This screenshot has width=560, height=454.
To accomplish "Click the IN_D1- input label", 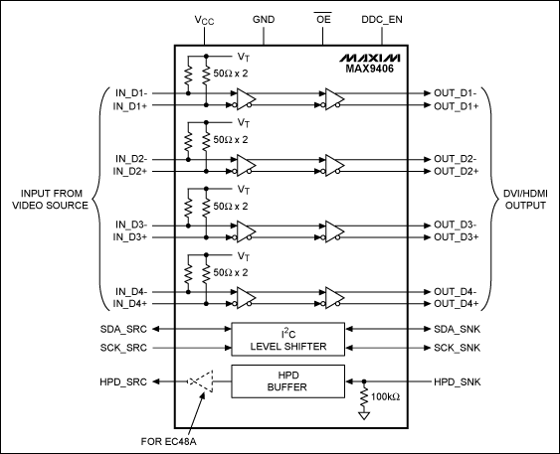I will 132,92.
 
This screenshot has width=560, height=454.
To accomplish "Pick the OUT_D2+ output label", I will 457,171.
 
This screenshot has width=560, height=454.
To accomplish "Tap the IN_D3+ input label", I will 132,236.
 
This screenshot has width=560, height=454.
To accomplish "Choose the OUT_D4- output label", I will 457,290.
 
